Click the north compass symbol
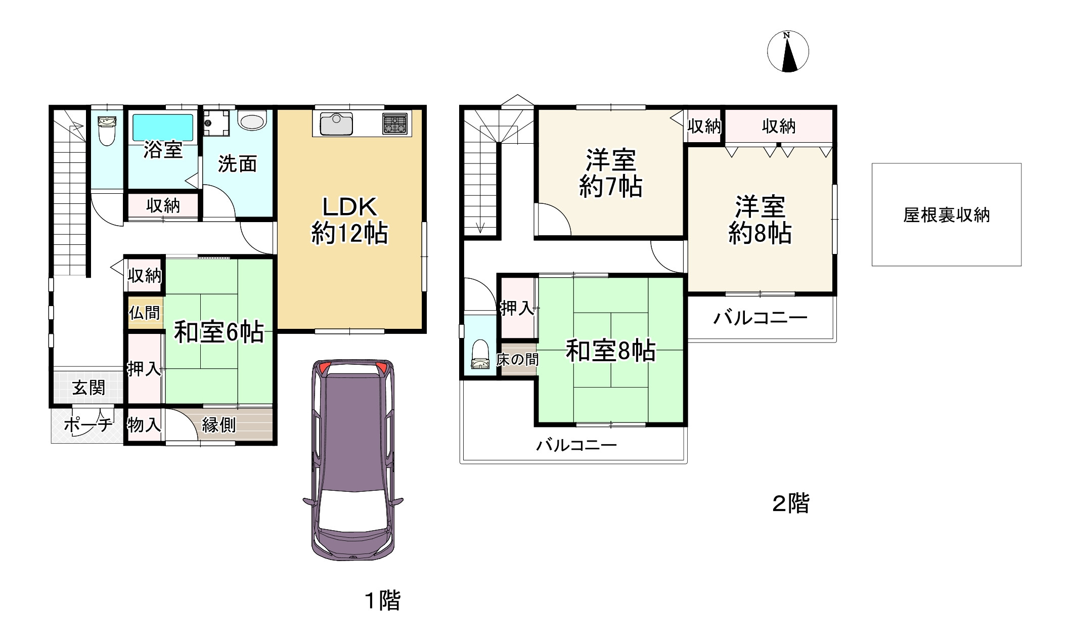tap(788, 52)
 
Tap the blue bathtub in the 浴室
tap(163, 127)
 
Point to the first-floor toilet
tap(107, 129)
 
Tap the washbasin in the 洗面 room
tap(252, 121)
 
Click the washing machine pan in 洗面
tap(216, 123)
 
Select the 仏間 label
tap(144, 313)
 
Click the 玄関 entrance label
tap(88, 388)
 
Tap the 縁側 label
tap(218, 425)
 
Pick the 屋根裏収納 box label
tap(946, 215)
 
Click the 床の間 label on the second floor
tap(517, 360)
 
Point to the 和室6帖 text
tap(218, 332)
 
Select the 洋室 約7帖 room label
tap(610, 174)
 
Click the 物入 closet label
tap(144, 425)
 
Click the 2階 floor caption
tap(791, 503)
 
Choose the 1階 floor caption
tap(383, 601)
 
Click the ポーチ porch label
tap(88, 425)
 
